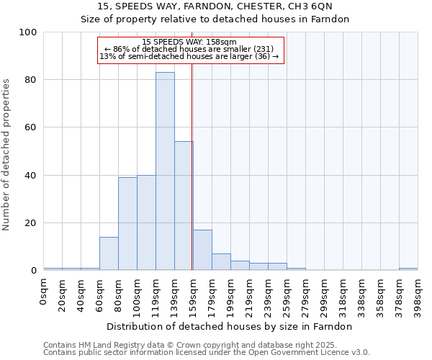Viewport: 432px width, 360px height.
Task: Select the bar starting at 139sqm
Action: pyautogui.click(x=184, y=206)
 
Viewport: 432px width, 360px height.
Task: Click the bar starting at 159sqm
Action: pyautogui.click(x=202, y=250)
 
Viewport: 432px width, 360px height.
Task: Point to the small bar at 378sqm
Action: pyautogui.click(x=408, y=269)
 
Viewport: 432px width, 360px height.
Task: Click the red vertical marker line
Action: pyautogui.click(x=192, y=166)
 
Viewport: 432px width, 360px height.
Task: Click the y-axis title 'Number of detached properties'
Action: pyautogui.click(x=7, y=155)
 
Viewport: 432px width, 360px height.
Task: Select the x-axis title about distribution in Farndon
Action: pyautogui.click(x=229, y=327)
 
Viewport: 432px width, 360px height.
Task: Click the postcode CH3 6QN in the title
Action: pyautogui.click(x=313, y=6)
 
